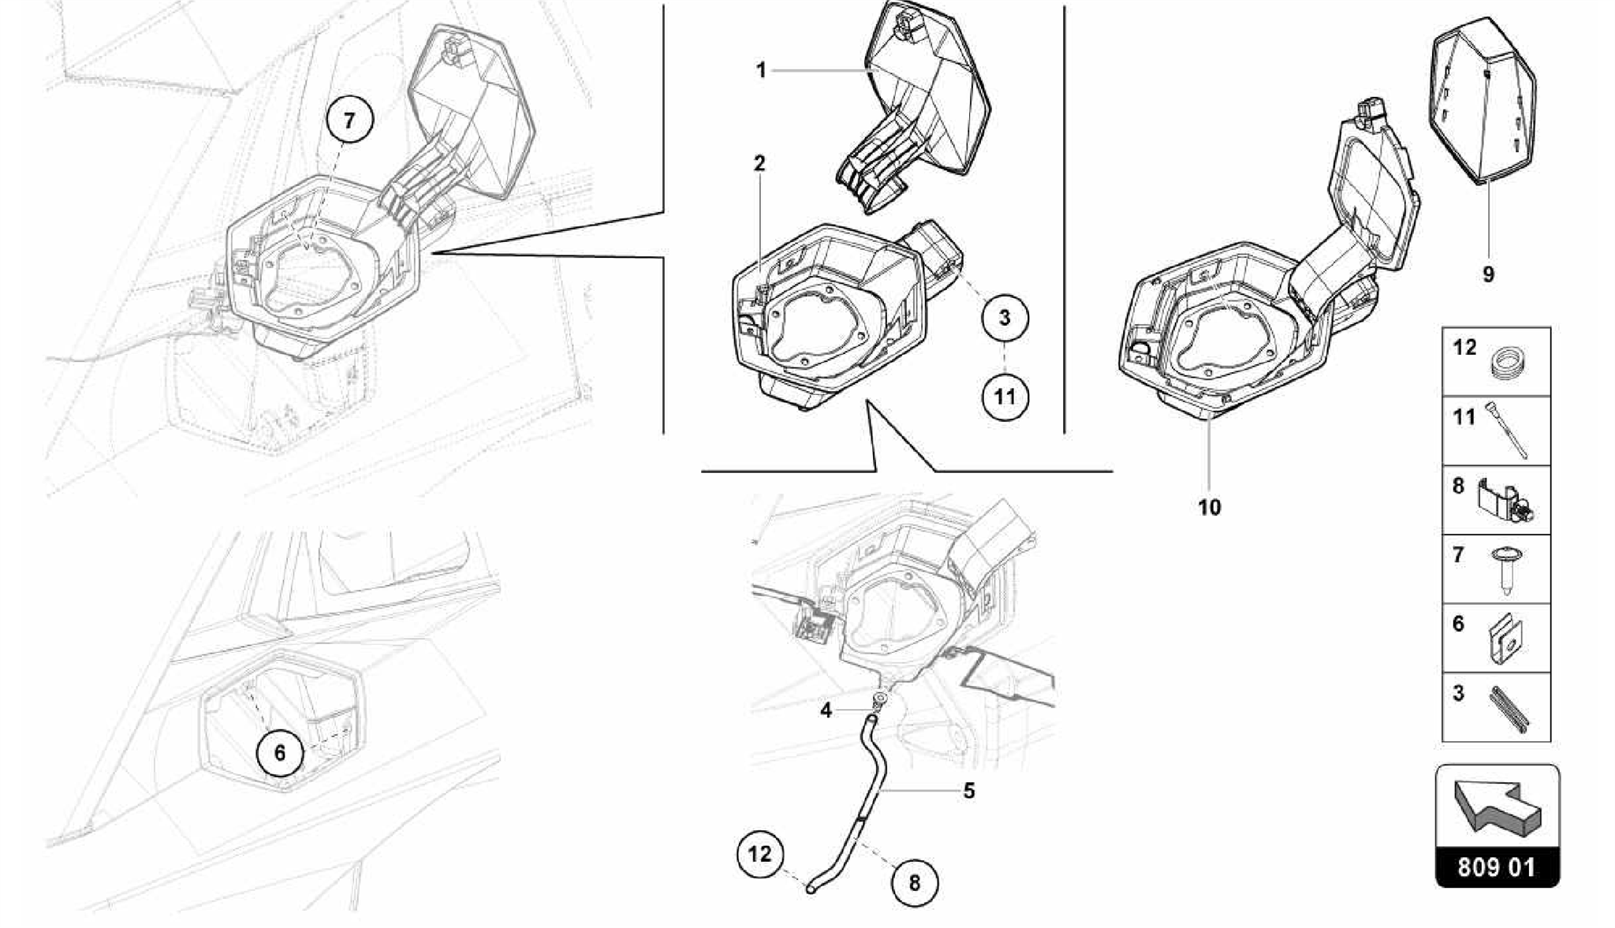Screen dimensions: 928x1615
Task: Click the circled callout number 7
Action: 349,121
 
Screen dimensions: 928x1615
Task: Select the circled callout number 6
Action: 280,753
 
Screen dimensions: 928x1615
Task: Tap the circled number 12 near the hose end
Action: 760,854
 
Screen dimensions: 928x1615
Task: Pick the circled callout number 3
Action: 1004,318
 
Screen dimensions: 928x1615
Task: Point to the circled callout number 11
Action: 1004,396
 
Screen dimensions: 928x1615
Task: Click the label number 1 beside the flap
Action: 761,71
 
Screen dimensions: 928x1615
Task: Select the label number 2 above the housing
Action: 759,164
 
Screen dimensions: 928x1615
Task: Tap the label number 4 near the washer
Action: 826,710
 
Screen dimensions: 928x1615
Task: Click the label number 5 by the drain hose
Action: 969,790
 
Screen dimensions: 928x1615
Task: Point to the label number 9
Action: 1488,274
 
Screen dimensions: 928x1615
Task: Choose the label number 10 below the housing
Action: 1209,507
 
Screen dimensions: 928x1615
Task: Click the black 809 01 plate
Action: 1496,868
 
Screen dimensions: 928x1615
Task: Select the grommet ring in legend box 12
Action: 1507,366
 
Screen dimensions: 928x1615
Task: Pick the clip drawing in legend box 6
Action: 1507,639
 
